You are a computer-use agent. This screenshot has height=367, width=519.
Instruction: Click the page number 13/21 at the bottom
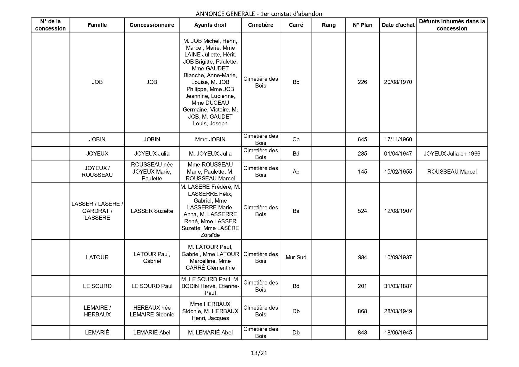[259, 353]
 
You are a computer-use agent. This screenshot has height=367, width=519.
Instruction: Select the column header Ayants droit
[210, 25]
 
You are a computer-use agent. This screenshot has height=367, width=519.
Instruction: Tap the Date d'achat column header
[398, 25]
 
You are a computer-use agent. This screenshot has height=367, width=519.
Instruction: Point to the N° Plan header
[362, 25]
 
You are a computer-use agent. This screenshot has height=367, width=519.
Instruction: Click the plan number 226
[362, 82]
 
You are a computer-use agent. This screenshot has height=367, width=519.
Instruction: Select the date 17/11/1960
[398, 140]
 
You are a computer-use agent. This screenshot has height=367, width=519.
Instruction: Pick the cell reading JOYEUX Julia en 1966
[452, 154]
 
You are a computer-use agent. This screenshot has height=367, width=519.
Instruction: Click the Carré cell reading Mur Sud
[296, 258]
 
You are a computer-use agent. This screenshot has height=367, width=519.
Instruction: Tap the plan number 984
[362, 258]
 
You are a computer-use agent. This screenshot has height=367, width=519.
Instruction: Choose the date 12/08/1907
[398, 211]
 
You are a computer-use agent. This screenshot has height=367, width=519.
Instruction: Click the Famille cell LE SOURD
[97, 286]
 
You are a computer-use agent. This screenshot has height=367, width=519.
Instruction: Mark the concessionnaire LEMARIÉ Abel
[152, 333]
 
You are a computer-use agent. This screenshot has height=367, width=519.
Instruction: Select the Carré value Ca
[296, 140]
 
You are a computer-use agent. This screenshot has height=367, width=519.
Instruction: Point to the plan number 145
[362, 172]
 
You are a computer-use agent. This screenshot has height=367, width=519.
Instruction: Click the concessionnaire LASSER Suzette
[152, 211]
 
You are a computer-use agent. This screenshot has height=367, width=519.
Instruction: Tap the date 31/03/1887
[398, 286]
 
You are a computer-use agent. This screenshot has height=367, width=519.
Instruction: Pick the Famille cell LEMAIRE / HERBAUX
[97, 311]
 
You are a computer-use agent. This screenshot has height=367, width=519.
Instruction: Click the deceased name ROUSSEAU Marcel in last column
[452, 172]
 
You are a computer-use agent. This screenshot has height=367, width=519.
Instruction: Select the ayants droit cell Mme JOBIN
[210, 140]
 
